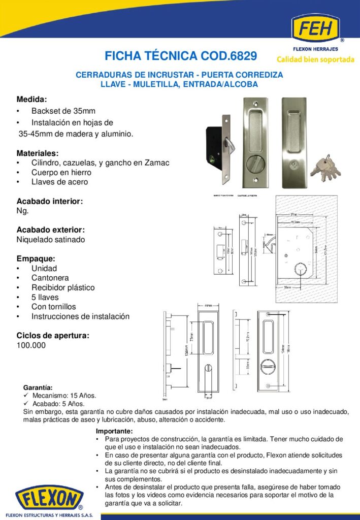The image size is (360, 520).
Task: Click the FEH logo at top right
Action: (318, 30)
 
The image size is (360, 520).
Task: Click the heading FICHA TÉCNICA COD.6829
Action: (180, 55)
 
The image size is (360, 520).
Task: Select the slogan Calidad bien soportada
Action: (315, 59)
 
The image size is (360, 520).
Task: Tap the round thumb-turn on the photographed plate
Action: (254, 166)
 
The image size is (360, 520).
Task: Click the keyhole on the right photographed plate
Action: (296, 166)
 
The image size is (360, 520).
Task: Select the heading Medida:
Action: (31, 99)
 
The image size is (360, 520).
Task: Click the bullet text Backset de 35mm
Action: (63, 111)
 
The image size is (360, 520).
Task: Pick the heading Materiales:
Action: (38, 153)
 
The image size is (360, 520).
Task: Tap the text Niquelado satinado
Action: (51, 239)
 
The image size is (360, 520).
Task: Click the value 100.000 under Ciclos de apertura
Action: (31, 345)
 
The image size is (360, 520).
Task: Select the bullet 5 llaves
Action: (45, 297)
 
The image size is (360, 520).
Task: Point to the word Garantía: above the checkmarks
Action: (38, 387)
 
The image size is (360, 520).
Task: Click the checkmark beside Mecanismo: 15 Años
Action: (26, 396)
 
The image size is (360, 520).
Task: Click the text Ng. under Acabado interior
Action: (22, 211)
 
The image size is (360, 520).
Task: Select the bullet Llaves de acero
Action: (59, 182)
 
